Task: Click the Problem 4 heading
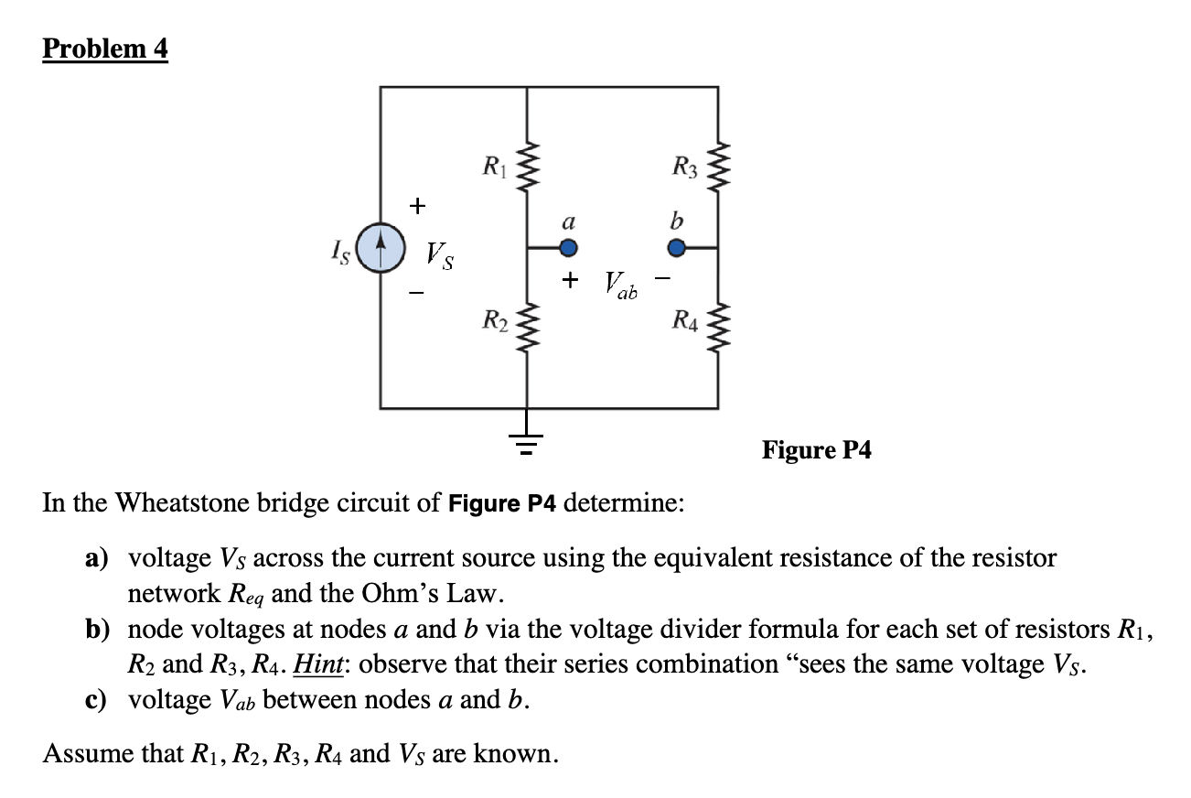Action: click(x=105, y=49)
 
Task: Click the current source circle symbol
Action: click(x=381, y=248)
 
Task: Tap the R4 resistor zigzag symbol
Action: click(x=717, y=323)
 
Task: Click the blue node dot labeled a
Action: click(x=568, y=247)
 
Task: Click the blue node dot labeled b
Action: click(x=676, y=247)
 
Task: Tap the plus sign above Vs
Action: click(x=417, y=206)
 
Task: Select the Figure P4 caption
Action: click(x=817, y=450)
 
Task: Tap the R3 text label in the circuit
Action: click(x=684, y=168)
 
